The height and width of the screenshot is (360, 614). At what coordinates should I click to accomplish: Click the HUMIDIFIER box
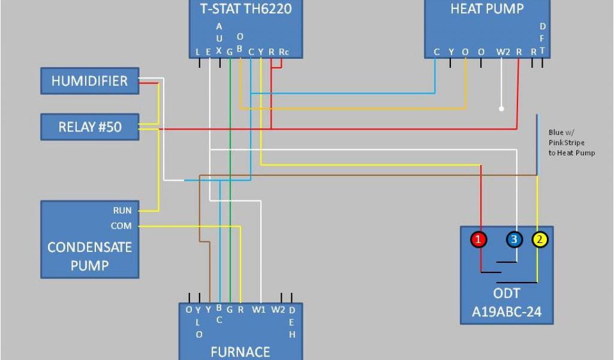[89, 81]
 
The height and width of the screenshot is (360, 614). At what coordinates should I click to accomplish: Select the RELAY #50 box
[89, 127]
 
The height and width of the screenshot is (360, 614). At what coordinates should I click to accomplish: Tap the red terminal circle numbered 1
[478, 239]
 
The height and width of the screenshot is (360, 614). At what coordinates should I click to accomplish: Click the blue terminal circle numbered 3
[514, 239]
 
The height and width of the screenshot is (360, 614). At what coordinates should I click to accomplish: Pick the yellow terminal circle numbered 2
[540, 239]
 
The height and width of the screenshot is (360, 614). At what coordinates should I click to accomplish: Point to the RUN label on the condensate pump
[122, 211]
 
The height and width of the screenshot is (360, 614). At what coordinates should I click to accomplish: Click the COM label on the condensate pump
[121, 226]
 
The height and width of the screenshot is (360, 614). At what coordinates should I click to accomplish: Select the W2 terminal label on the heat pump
[502, 52]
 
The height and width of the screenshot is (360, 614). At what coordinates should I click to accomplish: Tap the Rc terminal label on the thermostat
[284, 52]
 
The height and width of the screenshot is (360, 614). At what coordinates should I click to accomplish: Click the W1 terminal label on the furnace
[258, 310]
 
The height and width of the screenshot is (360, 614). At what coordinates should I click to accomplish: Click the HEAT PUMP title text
[486, 8]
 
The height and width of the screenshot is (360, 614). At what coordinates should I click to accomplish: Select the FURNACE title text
[240, 352]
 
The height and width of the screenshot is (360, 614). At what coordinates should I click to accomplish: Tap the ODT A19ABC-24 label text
[507, 303]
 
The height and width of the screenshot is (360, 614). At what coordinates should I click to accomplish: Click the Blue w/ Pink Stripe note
[571, 143]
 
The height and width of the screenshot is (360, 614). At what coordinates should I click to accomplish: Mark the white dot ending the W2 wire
[502, 109]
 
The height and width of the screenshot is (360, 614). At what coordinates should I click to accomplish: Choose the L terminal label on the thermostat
[198, 52]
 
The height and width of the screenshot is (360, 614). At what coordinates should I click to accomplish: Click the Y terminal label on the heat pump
[451, 52]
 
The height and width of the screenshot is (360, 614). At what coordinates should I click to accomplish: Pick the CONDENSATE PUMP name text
[89, 256]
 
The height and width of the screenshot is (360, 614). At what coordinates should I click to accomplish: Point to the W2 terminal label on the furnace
[278, 310]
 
